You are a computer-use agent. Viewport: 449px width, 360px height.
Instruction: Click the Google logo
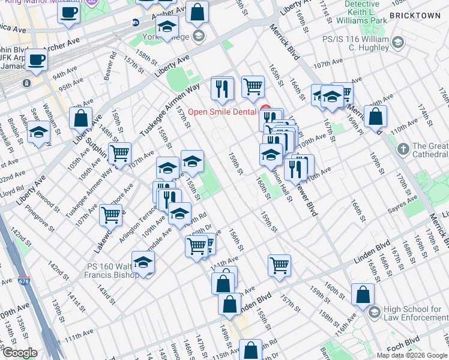pos(19,353)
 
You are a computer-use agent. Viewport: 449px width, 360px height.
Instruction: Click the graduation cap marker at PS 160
pos(143,262)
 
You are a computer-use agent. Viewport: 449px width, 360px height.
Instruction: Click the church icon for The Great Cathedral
pos(403,148)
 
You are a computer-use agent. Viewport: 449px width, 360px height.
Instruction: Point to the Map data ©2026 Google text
pos(412,355)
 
